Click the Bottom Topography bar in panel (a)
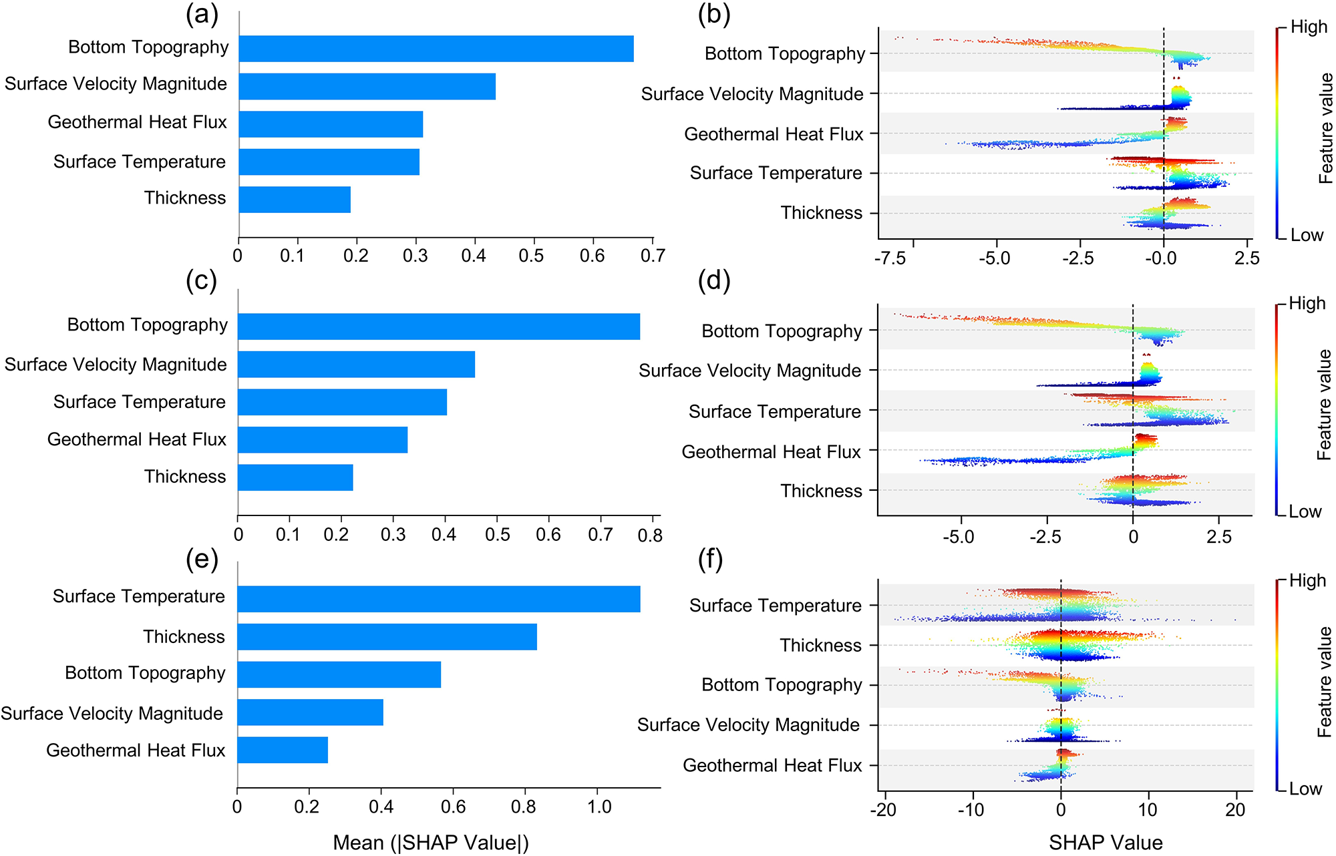pyautogui.click(x=436, y=49)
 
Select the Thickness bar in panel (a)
pyautogui.click(x=295, y=200)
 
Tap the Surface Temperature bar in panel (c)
pyautogui.click(x=342, y=402)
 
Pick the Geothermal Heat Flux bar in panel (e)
pyautogui.click(x=283, y=750)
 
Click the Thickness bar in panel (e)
pyautogui.click(x=387, y=637)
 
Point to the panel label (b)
pyautogui.click(x=714, y=15)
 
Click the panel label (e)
pyautogui.click(x=202, y=560)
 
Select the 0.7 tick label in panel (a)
pyautogui.click(x=653, y=256)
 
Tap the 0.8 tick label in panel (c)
pyautogui.click(x=650, y=535)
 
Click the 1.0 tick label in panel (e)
pyautogui.click(x=599, y=807)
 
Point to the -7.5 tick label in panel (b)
pyautogui.click(x=890, y=258)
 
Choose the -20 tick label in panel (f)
pyautogui.click(x=884, y=811)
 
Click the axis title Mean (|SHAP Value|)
pyautogui.click(x=431, y=843)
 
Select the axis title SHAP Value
pyautogui.click(x=1106, y=843)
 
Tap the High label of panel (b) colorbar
pyautogui.click(x=1309, y=27)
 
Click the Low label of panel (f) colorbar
pyautogui.click(x=1305, y=789)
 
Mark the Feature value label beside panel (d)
pyautogui.click(x=1324, y=405)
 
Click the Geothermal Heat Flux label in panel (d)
pyautogui.click(x=772, y=452)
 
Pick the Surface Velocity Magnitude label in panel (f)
pyautogui.click(x=748, y=725)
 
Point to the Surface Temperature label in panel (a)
pyautogui.click(x=140, y=162)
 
